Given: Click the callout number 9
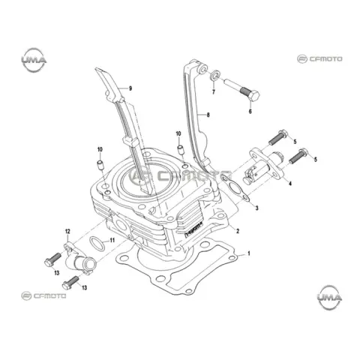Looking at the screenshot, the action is click(x=130, y=88).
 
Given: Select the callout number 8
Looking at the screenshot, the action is click(x=208, y=115).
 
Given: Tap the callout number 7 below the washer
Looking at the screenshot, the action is click(x=214, y=92).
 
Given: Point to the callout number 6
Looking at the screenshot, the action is click(x=250, y=111).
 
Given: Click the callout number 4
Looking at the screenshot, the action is click(x=290, y=184).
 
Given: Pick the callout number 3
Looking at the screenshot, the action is click(x=256, y=208).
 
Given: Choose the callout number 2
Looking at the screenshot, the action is click(x=238, y=231).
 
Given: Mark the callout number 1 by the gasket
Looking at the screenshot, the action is click(x=249, y=253).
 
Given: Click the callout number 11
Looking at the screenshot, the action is click(x=112, y=241).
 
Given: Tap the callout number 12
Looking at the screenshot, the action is click(x=67, y=232).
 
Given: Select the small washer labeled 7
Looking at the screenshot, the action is click(x=216, y=76).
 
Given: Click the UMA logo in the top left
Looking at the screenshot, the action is click(x=34, y=60).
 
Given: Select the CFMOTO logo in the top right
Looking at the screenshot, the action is click(x=319, y=59).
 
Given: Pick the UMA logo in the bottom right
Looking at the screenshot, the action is click(x=329, y=297).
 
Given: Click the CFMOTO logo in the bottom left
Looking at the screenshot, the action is click(x=43, y=296).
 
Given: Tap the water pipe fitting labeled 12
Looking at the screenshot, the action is click(x=78, y=261).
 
